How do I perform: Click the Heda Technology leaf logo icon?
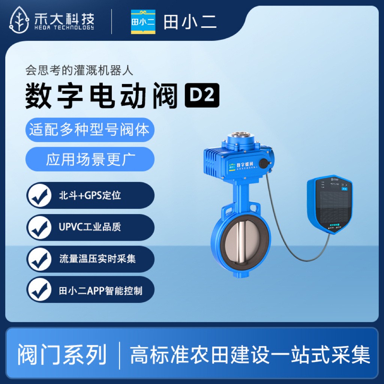coord(20,20)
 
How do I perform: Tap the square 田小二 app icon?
coord(143,22)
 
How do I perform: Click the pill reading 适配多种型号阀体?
coord(90,130)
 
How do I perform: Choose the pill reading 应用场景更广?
coord(90,159)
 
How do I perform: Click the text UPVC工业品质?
coord(90,227)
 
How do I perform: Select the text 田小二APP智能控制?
coord(101,291)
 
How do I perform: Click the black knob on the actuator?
coord(264,163)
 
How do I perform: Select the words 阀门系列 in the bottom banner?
coord(62,354)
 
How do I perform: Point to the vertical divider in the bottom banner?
coord(120,355)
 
